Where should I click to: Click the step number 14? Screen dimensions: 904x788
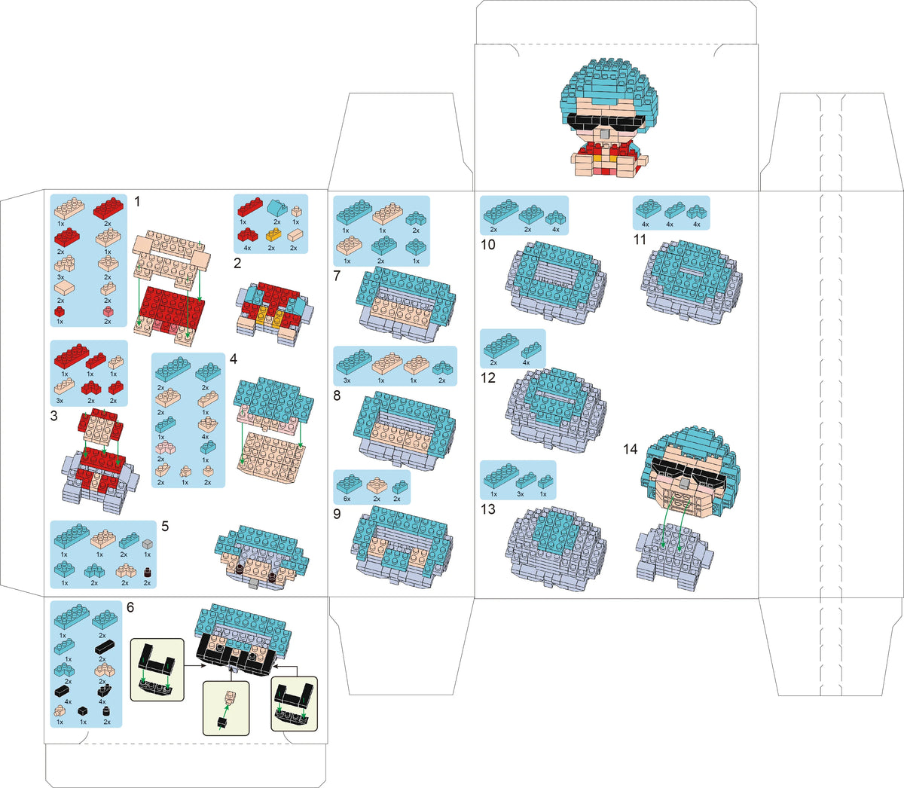pos(630,449)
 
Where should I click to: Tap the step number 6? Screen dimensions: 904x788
pos(130,607)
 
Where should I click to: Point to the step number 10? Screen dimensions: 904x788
pos(488,245)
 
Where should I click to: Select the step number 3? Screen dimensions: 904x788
pos(54,416)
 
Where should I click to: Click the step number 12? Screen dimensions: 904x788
pos(488,377)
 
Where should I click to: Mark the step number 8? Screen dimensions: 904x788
pos(337,396)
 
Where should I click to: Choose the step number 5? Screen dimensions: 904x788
pos(165,526)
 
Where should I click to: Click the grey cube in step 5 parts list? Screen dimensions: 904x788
pos(148,543)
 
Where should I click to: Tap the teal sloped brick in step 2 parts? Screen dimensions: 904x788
pos(276,206)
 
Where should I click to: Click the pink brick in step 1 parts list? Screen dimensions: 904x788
pos(108,312)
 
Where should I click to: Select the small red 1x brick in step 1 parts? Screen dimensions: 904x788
pos(60,312)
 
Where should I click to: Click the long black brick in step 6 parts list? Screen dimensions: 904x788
pos(105,648)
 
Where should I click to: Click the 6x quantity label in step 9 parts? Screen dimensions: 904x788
pos(347,499)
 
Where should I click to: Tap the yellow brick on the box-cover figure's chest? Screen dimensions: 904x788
pos(598,158)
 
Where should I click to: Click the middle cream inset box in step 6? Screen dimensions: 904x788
pos(226,708)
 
